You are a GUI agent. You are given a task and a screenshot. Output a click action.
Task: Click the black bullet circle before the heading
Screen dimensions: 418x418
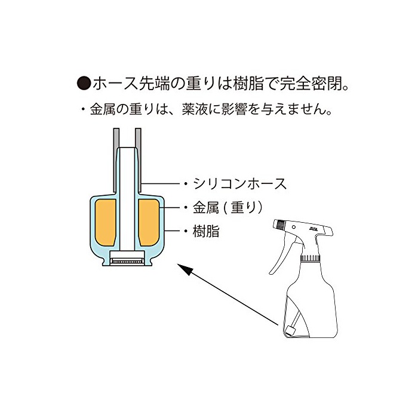[84, 84]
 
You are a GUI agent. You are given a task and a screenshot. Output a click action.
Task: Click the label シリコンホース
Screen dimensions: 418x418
[239, 184]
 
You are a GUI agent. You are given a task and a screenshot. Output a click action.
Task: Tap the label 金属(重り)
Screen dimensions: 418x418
[228, 208]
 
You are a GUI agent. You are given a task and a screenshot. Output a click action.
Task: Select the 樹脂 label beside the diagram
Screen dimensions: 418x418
[206, 231]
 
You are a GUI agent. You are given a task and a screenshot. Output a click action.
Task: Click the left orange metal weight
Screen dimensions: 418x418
[105, 222]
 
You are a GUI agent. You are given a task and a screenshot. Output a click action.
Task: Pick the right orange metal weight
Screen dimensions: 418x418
[149, 222]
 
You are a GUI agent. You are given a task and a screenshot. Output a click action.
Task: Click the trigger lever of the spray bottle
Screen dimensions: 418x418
[281, 253]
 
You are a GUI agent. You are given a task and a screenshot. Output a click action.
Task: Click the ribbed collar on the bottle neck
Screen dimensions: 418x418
[311, 258]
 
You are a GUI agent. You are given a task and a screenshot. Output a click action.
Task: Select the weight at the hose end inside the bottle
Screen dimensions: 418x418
[290, 331]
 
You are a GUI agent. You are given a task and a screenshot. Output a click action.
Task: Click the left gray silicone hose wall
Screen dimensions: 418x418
[116, 160]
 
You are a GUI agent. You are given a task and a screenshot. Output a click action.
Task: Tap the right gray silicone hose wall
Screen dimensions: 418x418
[138, 160]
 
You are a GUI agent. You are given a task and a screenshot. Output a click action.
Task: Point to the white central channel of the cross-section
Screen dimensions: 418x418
[127, 199]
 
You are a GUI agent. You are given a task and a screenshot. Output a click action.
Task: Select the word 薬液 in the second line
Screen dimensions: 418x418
[195, 109]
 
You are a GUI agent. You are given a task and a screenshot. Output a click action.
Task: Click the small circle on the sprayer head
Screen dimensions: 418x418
[294, 227]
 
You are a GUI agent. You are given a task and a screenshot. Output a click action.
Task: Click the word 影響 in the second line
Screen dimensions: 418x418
[235, 109]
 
